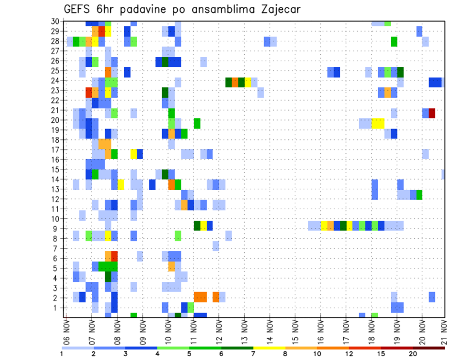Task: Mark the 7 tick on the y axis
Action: pos(56,248)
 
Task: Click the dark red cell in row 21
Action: pos(432,113)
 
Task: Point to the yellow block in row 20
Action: pos(378,123)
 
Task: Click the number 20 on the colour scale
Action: pos(413,354)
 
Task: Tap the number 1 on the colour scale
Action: pos(62,354)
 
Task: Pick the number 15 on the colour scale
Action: pos(381,354)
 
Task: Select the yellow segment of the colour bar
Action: pos(269,348)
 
